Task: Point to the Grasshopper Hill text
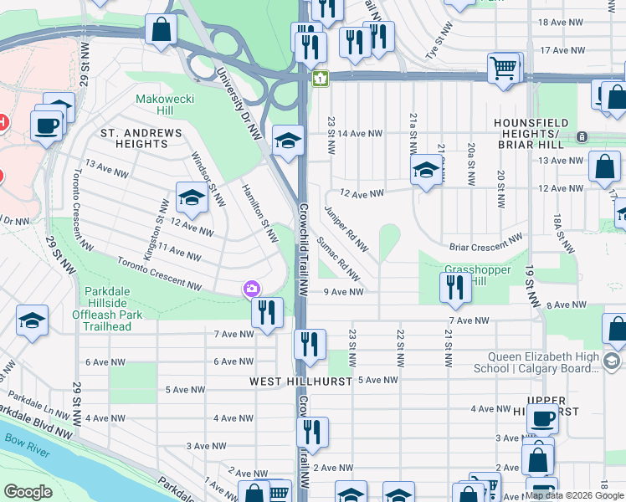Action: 465,275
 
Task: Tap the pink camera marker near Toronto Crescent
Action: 251,289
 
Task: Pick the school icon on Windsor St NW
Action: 192,197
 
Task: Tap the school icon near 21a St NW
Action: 426,171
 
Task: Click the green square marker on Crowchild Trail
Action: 320,79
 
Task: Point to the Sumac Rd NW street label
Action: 339,259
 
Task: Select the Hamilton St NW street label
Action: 259,213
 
